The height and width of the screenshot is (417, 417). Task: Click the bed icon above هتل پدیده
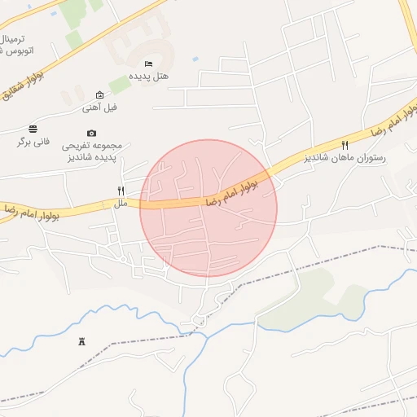click(x=147, y=64)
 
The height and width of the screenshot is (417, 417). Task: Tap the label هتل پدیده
click(x=151, y=76)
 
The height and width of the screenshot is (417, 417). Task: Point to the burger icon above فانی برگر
click(x=33, y=129)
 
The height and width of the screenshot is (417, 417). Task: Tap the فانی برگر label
click(x=33, y=141)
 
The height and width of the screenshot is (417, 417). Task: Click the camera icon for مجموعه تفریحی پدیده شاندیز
click(x=91, y=133)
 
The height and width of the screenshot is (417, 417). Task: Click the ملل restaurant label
click(x=121, y=203)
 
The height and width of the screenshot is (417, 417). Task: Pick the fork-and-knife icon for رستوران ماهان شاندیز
click(x=345, y=143)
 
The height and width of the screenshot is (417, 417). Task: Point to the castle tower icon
click(x=81, y=342)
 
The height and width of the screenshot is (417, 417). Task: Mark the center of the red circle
click(x=208, y=208)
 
